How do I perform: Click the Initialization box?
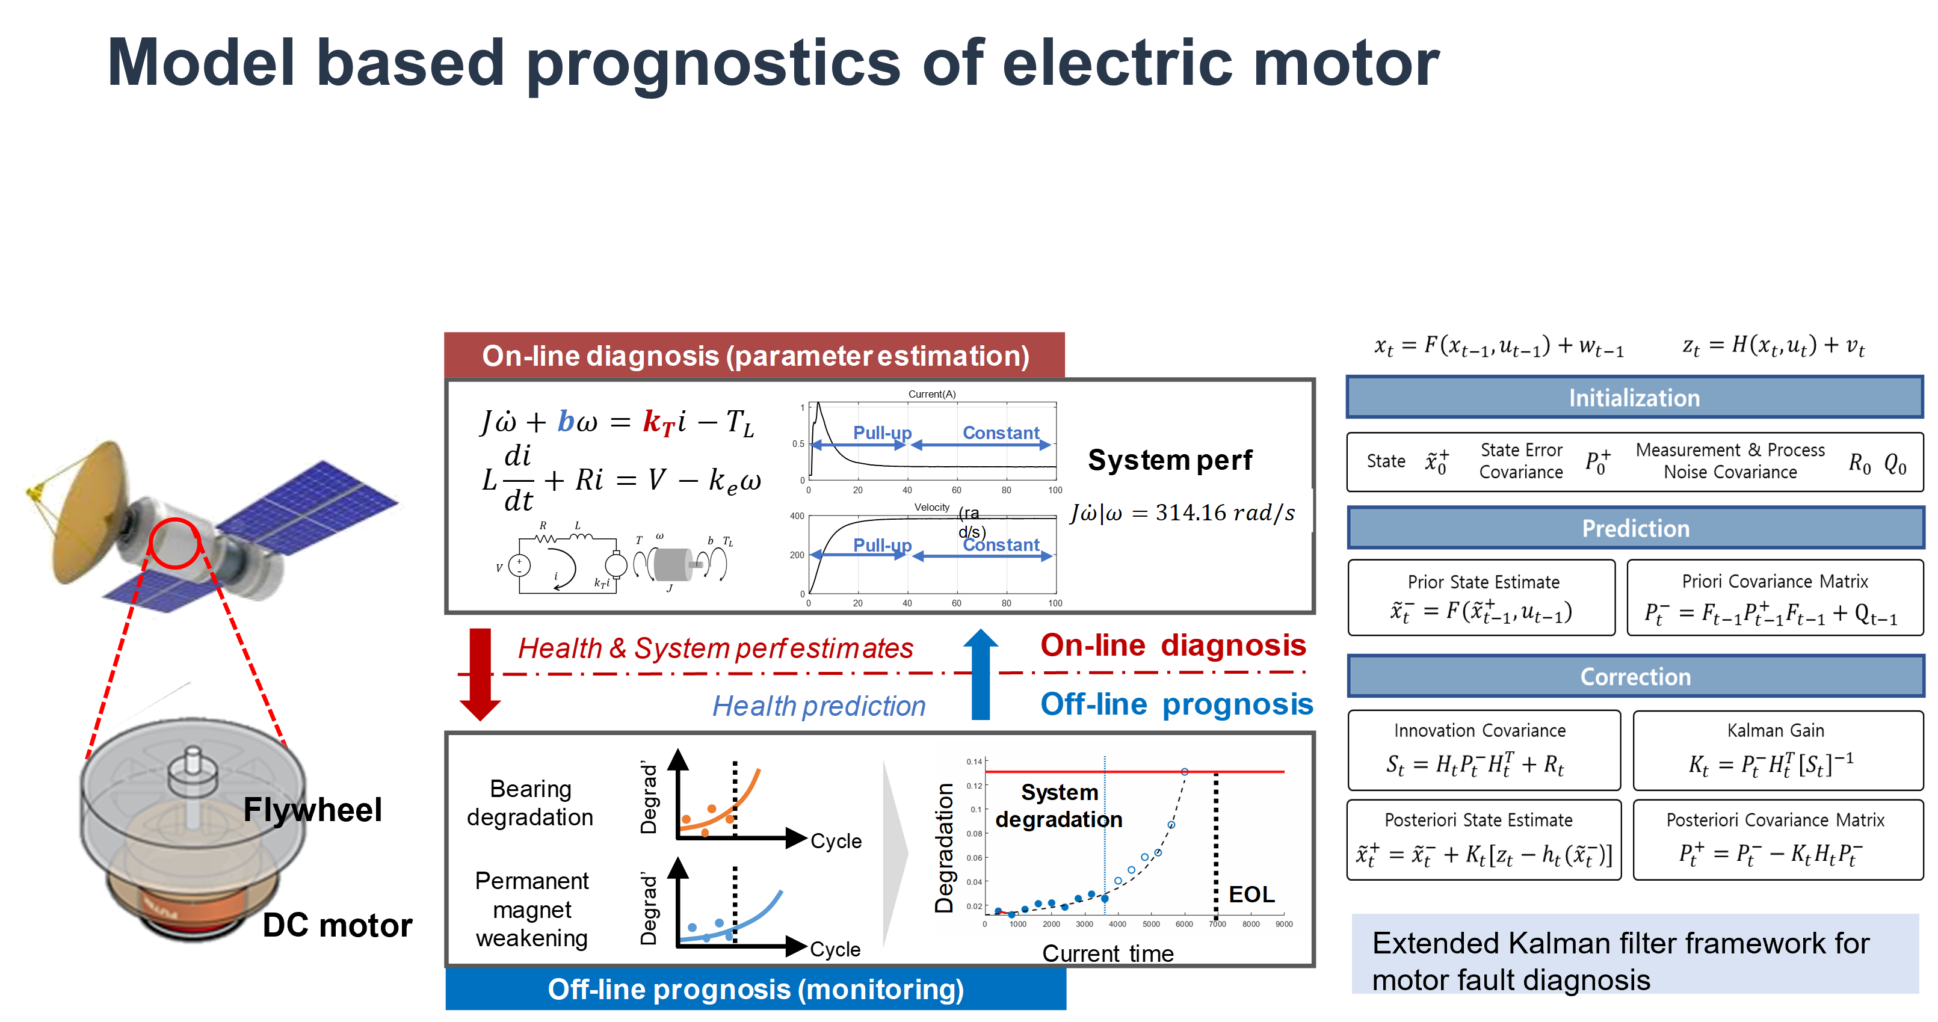[x=1634, y=397]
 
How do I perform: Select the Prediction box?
[x=1635, y=528]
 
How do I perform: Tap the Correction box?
[x=1635, y=676]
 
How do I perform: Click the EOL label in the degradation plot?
[x=1251, y=894]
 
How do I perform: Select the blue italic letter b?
[x=566, y=421]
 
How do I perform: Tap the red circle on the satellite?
[x=174, y=543]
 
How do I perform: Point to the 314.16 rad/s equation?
[x=1184, y=512]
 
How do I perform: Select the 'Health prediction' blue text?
[x=818, y=706]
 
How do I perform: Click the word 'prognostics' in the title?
[x=713, y=64]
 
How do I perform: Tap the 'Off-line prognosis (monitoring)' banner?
[x=755, y=989]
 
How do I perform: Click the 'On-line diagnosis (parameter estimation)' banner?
[x=755, y=356]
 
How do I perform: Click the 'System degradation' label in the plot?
[x=1058, y=805]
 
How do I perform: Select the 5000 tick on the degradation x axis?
[x=1150, y=924]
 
